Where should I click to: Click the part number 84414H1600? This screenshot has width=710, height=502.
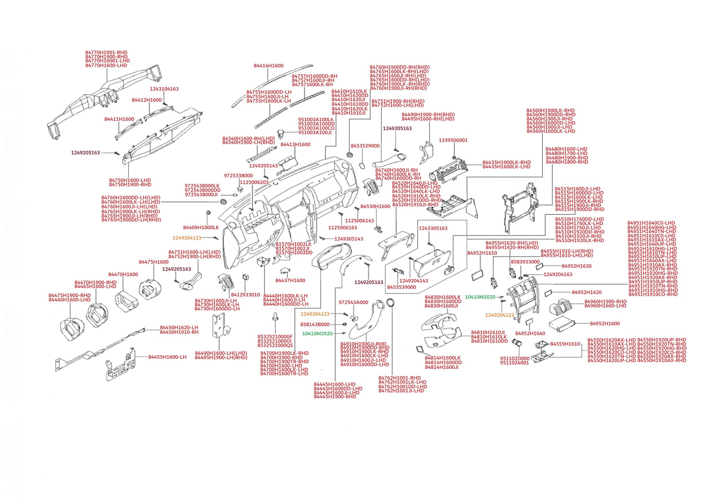(268, 66)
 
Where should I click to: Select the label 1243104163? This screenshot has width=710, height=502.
(164, 89)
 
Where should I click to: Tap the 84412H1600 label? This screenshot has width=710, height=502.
(146, 100)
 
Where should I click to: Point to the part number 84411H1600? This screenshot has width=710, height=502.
(119, 119)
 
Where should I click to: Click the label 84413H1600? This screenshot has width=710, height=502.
(295, 145)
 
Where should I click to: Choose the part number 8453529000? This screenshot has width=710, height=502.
(365, 146)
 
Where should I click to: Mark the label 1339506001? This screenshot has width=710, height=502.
(453, 140)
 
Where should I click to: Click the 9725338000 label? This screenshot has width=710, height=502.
(238, 176)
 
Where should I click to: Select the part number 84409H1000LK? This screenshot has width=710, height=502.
(201, 228)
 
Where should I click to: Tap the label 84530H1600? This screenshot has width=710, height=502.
(375, 207)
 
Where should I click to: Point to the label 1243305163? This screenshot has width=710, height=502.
(433, 228)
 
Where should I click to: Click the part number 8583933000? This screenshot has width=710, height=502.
(525, 262)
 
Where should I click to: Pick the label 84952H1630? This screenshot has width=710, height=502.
(576, 266)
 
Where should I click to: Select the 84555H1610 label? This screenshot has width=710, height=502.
(565, 344)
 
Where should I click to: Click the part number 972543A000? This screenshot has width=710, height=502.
(353, 302)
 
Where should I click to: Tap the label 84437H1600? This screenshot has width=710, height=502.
(290, 280)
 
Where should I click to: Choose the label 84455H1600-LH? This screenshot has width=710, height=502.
(167, 357)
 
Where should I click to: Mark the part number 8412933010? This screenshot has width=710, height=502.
(245, 295)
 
